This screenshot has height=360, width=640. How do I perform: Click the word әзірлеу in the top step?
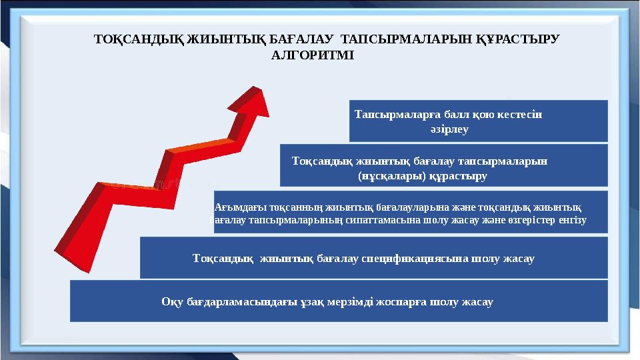(447, 129)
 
